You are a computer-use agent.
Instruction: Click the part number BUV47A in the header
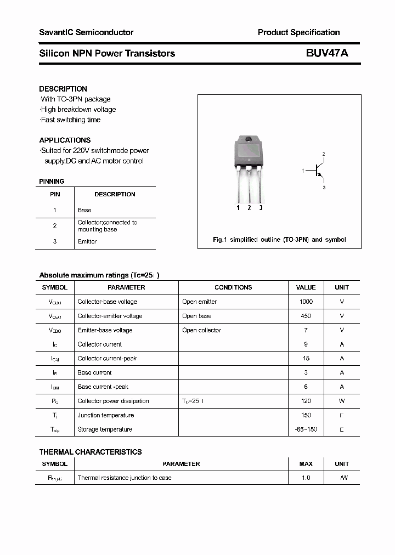pyautogui.click(x=327, y=53)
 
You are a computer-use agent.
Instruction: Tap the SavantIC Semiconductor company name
pyautogui.click(x=86, y=32)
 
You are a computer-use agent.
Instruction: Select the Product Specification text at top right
pyautogui.click(x=298, y=32)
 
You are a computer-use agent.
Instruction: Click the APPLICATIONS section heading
pyautogui.click(x=65, y=140)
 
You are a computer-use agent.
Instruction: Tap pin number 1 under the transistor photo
pyautogui.click(x=238, y=208)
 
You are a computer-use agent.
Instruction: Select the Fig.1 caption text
pyautogui.click(x=279, y=240)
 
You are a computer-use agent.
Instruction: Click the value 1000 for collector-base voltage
pyautogui.click(x=306, y=302)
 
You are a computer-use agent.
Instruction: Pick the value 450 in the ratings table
pyautogui.click(x=306, y=316)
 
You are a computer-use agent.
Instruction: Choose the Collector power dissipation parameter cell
pyautogui.click(x=113, y=401)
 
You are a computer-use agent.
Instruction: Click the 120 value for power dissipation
pyautogui.click(x=306, y=401)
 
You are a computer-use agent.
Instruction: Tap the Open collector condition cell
pyautogui.click(x=201, y=330)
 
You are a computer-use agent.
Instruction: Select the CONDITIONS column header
pyautogui.click(x=233, y=287)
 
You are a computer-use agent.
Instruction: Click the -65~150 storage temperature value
pyautogui.click(x=306, y=429)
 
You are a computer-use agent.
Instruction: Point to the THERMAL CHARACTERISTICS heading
pyautogui.click(x=90, y=452)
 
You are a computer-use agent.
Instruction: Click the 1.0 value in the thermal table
pyautogui.click(x=306, y=478)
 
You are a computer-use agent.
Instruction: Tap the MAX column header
pyautogui.click(x=306, y=464)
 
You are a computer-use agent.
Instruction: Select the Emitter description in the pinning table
pyautogui.click(x=87, y=241)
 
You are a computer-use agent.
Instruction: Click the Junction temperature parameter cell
pyautogui.click(x=105, y=415)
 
